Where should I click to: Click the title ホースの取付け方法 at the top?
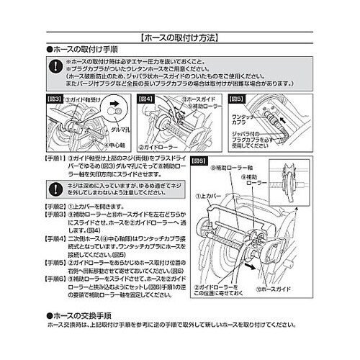180,35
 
